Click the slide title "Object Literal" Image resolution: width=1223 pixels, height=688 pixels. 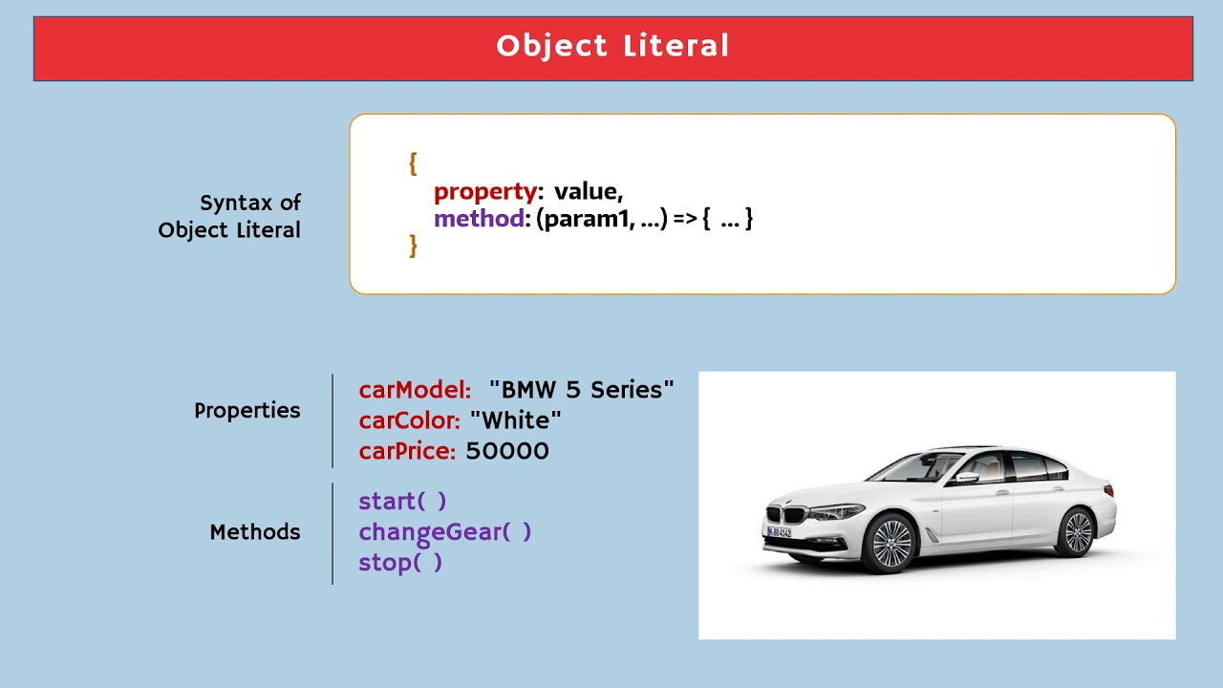612,46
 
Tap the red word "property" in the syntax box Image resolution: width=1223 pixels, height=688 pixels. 485,192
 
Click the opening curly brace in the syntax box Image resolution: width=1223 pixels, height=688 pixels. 413,163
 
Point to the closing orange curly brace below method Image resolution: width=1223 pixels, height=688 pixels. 413,246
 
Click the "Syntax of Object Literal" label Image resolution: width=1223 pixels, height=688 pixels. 230,216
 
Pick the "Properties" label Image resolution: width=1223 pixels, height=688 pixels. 247,411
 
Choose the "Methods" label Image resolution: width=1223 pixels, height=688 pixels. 254,532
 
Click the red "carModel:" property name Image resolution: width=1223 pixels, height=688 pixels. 415,390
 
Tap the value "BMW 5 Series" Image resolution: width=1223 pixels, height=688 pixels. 582,390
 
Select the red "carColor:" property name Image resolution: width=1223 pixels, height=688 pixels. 410,420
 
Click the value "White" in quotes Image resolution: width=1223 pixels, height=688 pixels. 516,420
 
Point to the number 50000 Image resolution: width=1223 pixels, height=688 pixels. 507,451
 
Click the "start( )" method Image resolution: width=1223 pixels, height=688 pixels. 402,501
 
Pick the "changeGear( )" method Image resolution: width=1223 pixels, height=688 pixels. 444,531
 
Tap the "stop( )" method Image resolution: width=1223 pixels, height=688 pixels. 400,562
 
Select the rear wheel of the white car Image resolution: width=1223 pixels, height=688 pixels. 1077,531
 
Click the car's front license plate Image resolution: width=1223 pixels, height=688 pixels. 779,532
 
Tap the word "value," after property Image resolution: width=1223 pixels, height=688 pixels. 588,192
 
